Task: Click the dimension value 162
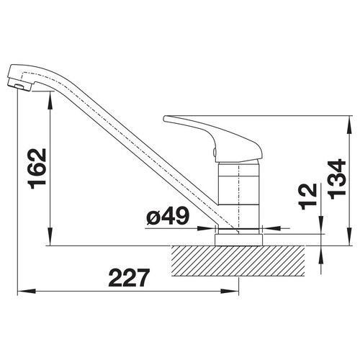coord(37,168)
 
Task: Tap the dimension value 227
coord(129,278)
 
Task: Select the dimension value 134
coord(336,179)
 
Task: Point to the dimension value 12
coord(307,197)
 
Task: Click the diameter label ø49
coord(168,215)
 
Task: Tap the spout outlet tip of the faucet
coord(19,86)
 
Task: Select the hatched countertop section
coord(238,261)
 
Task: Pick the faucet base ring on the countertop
coord(239,240)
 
